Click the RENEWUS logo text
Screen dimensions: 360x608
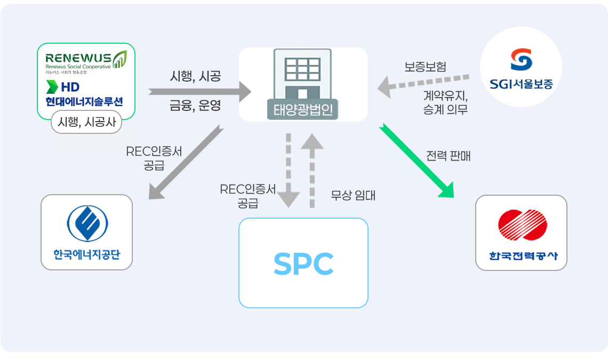coord(78,58)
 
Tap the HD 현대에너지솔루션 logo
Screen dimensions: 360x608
coord(84,94)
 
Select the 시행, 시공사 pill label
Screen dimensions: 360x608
coord(86,124)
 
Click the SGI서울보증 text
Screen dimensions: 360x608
coord(521,84)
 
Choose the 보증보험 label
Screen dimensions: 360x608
coord(425,67)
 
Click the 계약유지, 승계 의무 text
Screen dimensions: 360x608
coord(445,103)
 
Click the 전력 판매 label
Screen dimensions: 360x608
coord(448,156)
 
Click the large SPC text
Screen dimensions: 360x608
coord(303,263)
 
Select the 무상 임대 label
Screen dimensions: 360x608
coord(353,196)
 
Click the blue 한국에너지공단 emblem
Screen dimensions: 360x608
coord(87,223)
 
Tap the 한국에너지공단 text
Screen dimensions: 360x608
coord(87,254)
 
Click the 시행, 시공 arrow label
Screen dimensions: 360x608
coord(195,76)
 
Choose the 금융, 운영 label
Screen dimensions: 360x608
coord(195,106)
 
